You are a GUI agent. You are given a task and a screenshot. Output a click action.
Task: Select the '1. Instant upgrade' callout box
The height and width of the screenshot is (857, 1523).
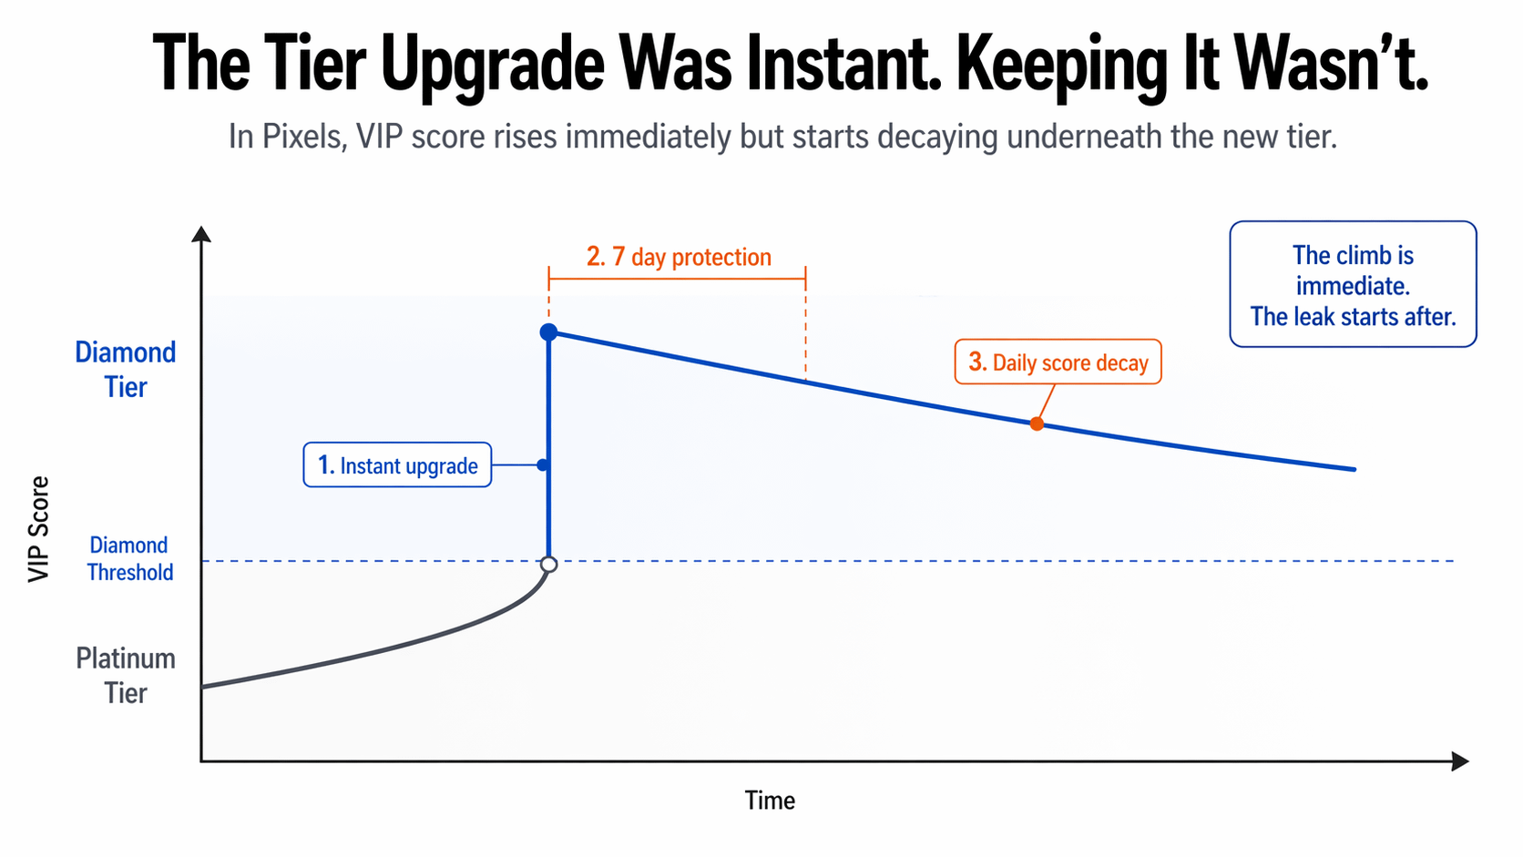pos(397,465)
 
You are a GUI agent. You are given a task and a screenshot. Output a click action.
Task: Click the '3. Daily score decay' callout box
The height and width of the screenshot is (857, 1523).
pos(1058,362)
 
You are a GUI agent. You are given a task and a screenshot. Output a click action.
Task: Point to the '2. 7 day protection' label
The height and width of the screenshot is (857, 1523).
pos(679,257)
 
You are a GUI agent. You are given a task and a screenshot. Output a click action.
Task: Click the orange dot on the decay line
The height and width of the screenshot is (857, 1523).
pos(1037,423)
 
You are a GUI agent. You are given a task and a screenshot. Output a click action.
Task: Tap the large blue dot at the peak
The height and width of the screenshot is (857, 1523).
pos(548,332)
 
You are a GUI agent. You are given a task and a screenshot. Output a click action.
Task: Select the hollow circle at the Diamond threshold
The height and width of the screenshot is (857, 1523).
pos(548,565)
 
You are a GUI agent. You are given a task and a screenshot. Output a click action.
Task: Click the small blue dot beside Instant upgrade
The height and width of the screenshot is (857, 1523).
pos(543,465)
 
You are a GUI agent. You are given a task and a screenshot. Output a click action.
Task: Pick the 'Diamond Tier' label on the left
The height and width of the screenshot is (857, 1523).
pos(126,370)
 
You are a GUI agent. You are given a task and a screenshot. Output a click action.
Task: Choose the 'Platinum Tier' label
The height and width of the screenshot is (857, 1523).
pos(126,676)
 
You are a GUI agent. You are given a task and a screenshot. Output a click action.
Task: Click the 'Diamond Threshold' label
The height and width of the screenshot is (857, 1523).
pos(129,558)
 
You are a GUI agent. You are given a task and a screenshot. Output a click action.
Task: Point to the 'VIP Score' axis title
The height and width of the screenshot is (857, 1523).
pos(38,529)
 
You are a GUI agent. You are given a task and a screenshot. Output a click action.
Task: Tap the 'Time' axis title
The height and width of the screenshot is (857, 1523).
pos(770,801)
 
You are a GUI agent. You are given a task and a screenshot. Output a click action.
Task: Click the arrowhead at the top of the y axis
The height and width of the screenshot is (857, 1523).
pos(201,234)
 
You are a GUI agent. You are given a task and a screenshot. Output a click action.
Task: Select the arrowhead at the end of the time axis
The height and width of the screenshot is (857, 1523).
pos(1460,760)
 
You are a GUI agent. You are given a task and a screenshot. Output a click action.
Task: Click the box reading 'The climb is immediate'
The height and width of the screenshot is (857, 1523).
pos(1353,284)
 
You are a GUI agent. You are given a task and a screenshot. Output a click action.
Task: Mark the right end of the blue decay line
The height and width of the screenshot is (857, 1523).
pos(1354,469)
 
